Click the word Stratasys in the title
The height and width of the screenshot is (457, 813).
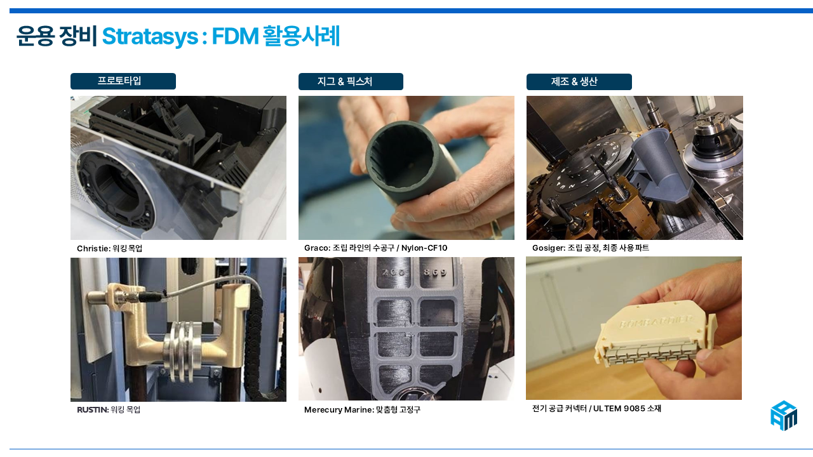click(x=150, y=36)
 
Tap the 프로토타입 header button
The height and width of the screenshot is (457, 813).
click(x=123, y=81)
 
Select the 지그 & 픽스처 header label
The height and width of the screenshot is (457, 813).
click(x=345, y=82)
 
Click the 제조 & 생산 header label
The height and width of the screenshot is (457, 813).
click(x=574, y=82)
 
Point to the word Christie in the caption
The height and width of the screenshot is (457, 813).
click(x=93, y=248)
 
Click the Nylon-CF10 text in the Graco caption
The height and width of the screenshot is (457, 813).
click(x=424, y=248)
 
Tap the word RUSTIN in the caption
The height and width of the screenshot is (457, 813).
click(x=92, y=410)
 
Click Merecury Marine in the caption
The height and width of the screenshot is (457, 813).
click(x=339, y=410)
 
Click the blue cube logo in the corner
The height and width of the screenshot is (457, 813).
click(x=784, y=416)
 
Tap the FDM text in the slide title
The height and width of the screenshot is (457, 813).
click(x=235, y=36)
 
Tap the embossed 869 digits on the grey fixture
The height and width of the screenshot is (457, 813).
click(x=435, y=272)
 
